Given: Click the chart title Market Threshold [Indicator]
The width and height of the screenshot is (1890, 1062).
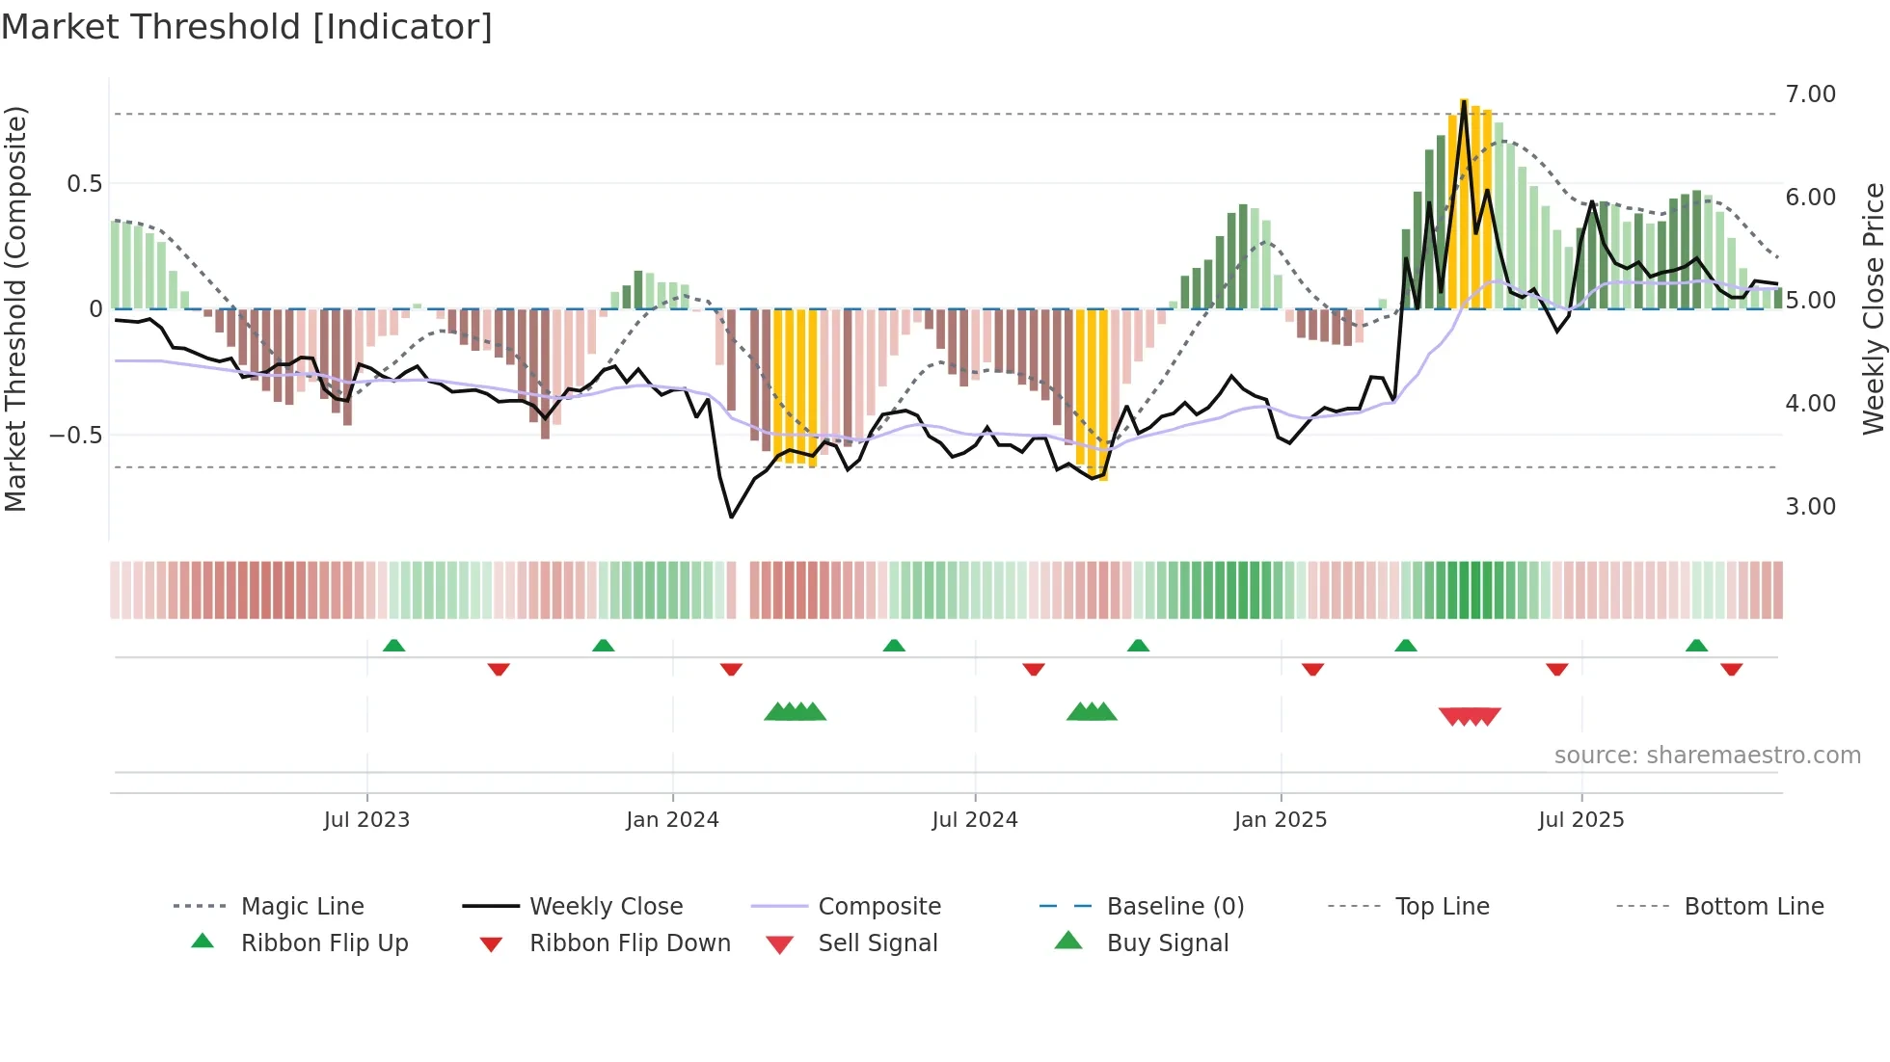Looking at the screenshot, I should click(247, 27).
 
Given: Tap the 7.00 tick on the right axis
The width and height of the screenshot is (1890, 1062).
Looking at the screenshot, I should click(1810, 94).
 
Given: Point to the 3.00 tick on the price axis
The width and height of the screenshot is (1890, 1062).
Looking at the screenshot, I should click(1810, 507).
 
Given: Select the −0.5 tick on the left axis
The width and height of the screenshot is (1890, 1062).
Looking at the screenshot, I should click(75, 436).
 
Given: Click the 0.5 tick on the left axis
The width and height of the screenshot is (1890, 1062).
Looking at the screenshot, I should click(84, 184).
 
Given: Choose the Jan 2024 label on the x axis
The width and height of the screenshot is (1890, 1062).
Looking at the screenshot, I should click(672, 820).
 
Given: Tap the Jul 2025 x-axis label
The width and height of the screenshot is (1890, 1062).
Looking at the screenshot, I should click(1580, 820).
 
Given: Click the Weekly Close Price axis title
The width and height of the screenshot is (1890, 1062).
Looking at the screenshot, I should click(1873, 308).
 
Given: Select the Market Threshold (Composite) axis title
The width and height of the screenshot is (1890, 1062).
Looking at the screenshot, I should click(15, 308).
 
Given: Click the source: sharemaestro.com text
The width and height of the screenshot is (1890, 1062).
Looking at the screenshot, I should click(1707, 756).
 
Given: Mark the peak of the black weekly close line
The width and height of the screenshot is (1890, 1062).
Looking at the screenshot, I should click(1464, 102).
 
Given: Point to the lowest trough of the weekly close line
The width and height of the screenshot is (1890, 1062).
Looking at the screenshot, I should click(732, 518).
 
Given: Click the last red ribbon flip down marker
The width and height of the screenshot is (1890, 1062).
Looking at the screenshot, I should click(1731, 669).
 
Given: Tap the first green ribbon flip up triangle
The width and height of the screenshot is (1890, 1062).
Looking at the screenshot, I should click(393, 646).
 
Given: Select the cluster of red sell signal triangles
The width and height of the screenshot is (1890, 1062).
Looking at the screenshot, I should click(1470, 716).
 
